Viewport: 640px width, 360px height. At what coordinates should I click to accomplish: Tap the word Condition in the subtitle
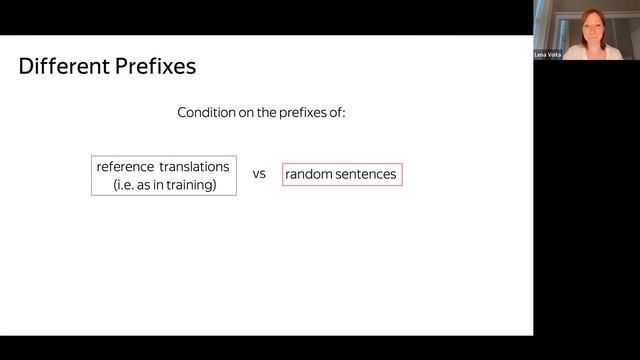[207, 112]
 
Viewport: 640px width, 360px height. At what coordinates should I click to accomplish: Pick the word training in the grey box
[192, 184]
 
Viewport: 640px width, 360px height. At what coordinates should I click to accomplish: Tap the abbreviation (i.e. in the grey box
[124, 184]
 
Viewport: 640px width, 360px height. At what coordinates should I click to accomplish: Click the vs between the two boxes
[259, 174]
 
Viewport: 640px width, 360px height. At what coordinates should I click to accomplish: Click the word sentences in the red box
[366, 174]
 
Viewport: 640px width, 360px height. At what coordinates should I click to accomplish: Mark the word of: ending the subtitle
[337, 112]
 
